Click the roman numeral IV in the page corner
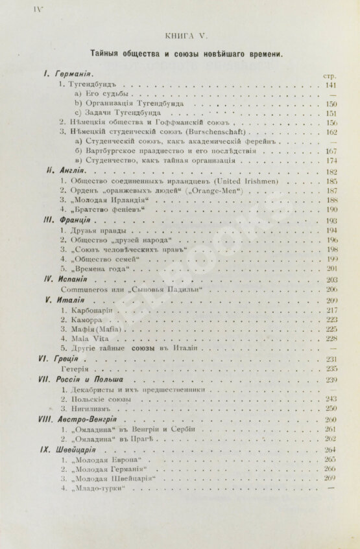(17, 8)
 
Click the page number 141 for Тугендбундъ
(331, 85)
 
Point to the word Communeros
(85, 289)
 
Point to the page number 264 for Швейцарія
(331, 449)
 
